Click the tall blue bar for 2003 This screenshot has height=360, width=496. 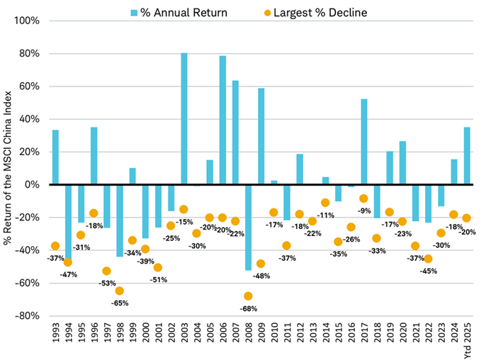coord(184,118)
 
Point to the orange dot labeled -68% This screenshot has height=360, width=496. coord(248,296)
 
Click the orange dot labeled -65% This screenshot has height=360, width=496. coord(120,291)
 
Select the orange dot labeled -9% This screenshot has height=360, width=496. coord(364,199)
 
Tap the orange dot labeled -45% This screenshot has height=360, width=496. coord(428,259)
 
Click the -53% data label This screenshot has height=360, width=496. coord(106,283)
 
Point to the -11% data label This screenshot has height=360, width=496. coord(325,215)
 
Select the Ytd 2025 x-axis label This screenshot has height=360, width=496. coord(467,339)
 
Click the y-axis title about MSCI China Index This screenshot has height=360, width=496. coord(9,168)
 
